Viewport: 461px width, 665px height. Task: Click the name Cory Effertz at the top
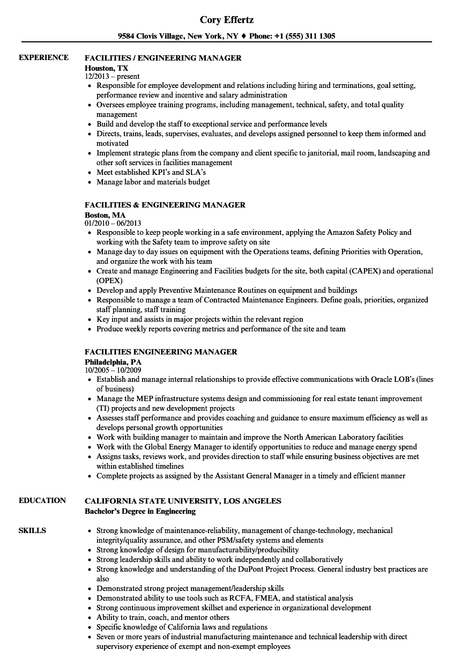click(227, 20)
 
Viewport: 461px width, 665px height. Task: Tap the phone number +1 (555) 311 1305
click(307, 36)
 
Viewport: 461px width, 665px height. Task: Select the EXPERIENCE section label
click(43, 57)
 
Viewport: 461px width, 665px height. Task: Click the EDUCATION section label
click(42, 500)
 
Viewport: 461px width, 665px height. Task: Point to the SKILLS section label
click(32, 530)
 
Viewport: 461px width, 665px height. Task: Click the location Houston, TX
click(107, 68)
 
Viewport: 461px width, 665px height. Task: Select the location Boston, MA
click(105, 215)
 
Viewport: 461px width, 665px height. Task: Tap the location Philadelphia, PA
click(113, 361)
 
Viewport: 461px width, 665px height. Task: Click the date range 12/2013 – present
click(112, 77)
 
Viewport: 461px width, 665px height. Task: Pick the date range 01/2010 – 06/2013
click(113, 223)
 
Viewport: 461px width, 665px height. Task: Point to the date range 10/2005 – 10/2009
click(113, 370)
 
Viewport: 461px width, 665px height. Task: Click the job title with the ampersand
click(165, 204)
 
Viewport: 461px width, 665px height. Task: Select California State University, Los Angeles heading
click(183, 500)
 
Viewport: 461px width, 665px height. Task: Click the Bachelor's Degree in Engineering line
click(140, 511)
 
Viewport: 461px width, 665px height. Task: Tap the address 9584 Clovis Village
click(151, 36)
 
